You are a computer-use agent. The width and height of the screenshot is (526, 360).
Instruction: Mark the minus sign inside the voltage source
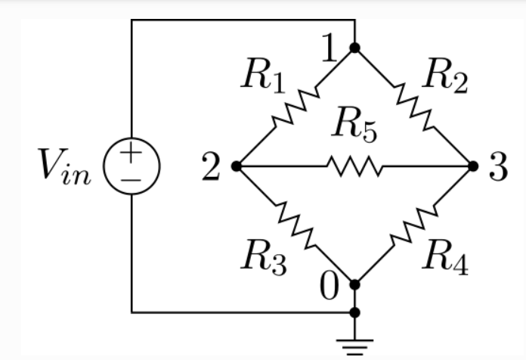point(131,179)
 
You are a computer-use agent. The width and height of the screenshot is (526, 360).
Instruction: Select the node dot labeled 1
point(354,48)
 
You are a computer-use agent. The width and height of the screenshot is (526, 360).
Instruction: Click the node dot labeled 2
point(236,166)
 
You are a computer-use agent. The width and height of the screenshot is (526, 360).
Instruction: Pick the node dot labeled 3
point(473,166)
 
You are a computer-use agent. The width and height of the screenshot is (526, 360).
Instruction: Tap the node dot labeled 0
point(354,284)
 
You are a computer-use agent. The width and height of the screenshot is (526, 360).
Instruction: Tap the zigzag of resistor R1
point(295,107)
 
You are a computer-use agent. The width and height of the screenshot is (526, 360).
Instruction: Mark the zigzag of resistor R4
point(413,225)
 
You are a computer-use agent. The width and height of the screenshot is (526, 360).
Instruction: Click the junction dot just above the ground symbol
point(354,312)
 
